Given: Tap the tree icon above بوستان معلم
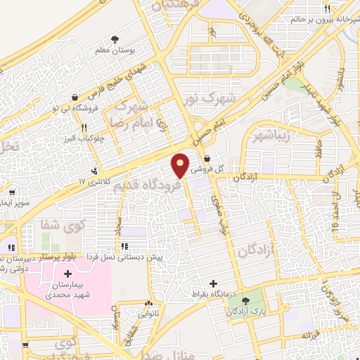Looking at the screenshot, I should [115, 40].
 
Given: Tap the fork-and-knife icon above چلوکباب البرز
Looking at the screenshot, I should [84, 127].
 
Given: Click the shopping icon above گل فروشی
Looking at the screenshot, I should [207, 158].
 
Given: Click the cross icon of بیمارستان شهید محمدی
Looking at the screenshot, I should [67, 274].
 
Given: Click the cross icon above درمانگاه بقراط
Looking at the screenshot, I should [214, 283].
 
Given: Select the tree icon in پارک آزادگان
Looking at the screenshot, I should [245, 301].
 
